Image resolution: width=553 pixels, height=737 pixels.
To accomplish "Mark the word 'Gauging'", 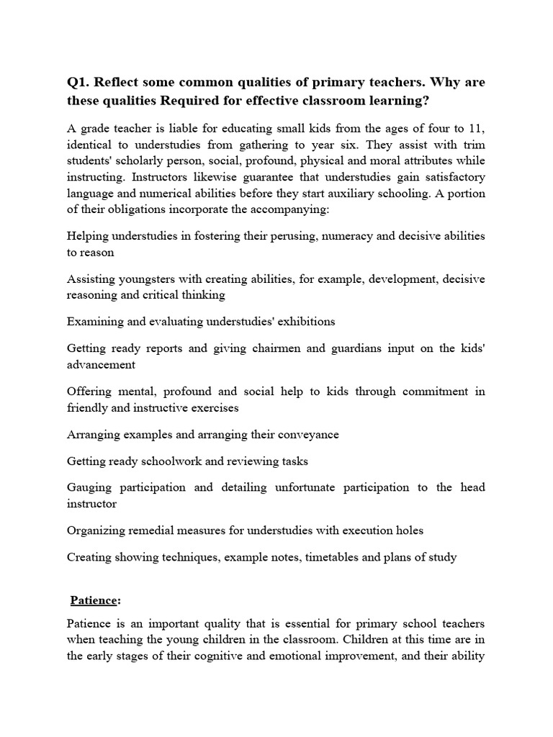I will pos(89,487).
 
